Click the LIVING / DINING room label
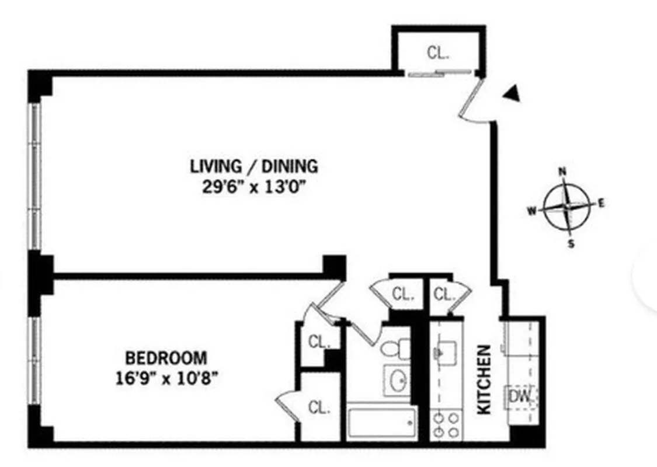coord(254,166)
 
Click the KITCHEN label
coord(485,380)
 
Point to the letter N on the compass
coord(564,172)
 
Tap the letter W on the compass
coord(532,212)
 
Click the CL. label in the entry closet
coord(438,53)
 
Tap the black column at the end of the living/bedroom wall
coord(334,266)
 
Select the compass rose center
coord(566,207)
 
